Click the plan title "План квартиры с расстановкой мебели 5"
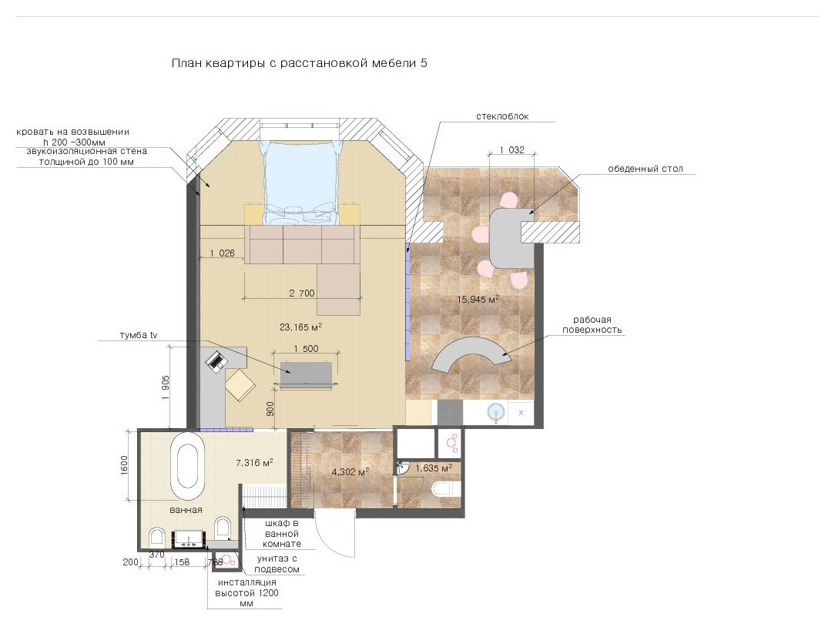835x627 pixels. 300,63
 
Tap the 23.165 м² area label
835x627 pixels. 300,327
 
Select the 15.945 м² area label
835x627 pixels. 478,299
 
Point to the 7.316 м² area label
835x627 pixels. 254,462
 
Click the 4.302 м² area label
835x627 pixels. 350,471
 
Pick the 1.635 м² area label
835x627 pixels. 434,468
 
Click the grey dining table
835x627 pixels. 511,238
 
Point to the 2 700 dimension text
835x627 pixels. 301,293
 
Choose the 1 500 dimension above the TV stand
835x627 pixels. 307,349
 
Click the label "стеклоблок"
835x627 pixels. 502,116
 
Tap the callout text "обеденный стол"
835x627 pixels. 646,169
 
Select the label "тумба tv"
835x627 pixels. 139,335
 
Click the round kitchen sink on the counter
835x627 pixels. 496,412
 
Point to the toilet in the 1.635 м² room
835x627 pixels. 447,488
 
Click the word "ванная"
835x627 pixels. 186,510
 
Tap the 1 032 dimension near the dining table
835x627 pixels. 511,149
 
